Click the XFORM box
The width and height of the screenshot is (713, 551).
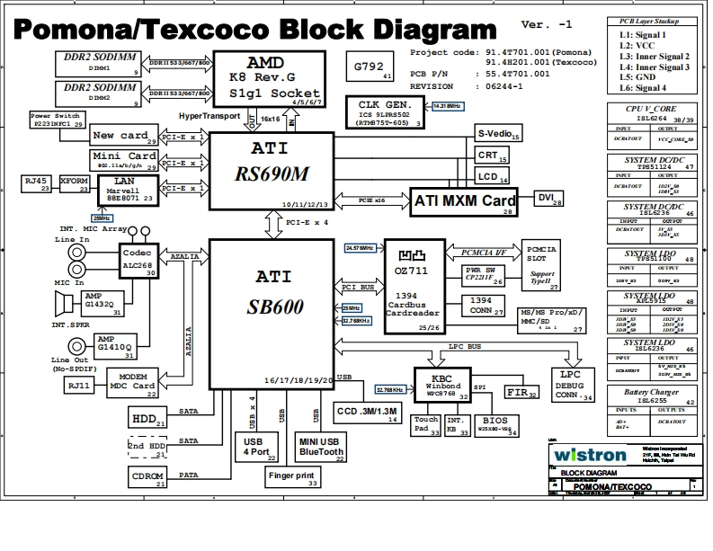point(74,183)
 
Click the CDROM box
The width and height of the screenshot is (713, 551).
point(148,476)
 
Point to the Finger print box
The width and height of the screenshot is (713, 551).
point(293,477)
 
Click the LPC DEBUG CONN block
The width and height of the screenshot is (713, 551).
point(573,384)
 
